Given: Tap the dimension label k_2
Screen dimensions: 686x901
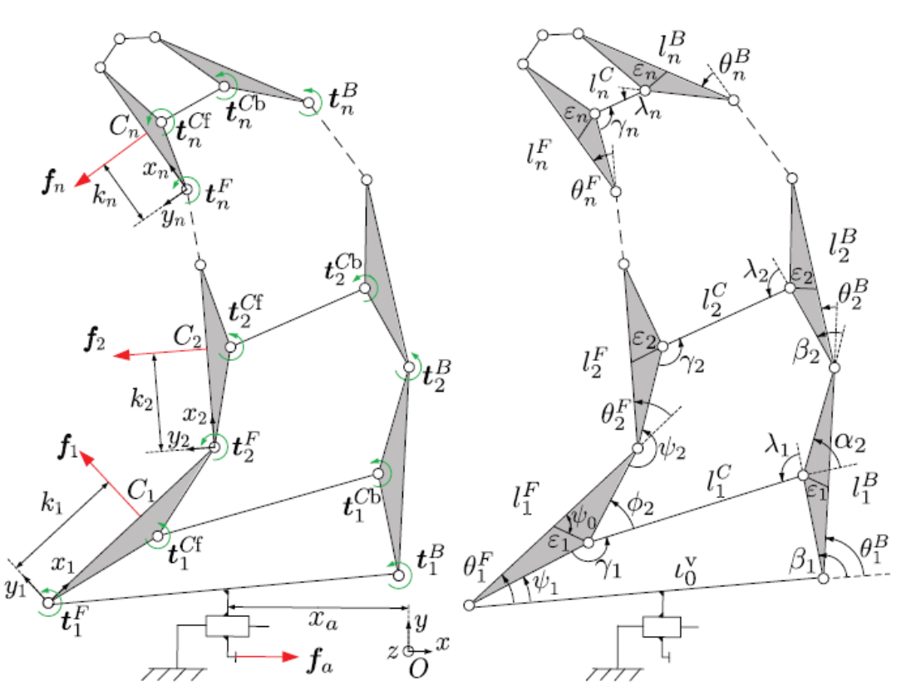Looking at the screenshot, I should [x=141, y=397].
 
